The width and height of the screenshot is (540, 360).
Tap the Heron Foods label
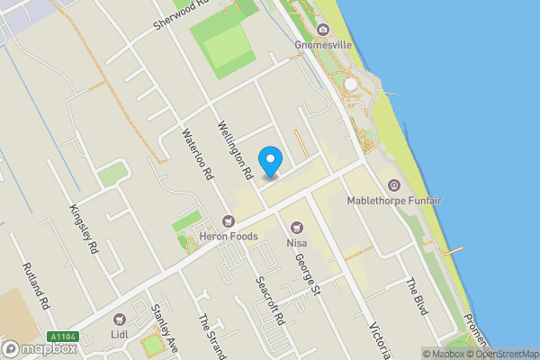228,237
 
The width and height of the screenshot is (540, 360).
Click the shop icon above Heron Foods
228,221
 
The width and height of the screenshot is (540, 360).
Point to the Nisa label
297,241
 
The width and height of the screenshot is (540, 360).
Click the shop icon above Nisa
297,227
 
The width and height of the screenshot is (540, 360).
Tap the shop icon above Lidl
119,319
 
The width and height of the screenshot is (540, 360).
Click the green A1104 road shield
63,337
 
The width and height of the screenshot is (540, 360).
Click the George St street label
306,272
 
